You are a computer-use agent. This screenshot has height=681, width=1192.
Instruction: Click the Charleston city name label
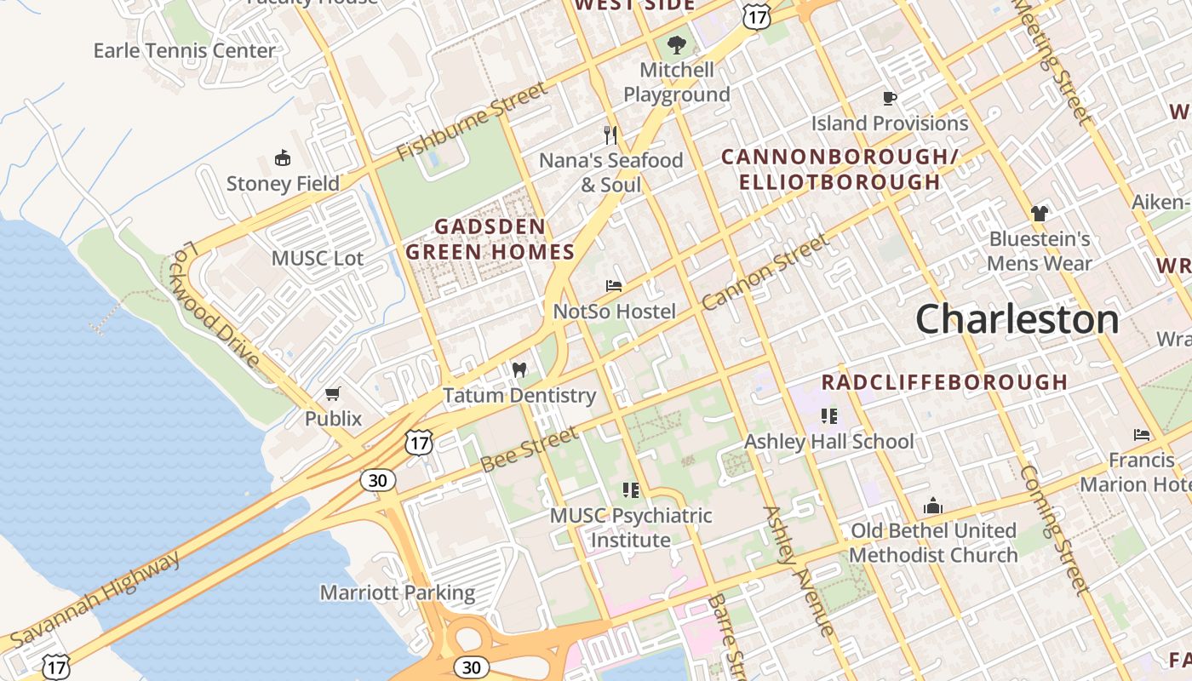(1017, 319)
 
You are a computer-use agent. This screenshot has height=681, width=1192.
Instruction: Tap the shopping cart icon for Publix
(333, 393)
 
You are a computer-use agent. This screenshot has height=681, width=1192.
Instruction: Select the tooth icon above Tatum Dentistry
(519, 370)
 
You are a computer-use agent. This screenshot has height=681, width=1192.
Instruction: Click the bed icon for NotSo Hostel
(613, 286)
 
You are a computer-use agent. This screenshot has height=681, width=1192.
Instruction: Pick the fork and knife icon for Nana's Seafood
(610, 134)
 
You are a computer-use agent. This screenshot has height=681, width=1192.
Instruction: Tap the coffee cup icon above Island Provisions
(889, 98)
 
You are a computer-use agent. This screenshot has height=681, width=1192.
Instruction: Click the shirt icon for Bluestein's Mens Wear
(1039, 213)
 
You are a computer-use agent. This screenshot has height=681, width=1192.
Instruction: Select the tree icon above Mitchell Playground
(677, 44)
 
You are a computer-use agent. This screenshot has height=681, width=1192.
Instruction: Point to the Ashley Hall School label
(828, 441)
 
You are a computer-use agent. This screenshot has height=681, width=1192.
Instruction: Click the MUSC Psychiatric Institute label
(631, 528)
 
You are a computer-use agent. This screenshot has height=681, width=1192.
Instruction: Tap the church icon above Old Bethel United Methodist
(933, 506)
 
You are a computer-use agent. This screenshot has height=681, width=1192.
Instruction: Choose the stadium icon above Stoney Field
(282, 157)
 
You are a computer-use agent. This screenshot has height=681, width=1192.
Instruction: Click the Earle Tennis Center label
(185, 50)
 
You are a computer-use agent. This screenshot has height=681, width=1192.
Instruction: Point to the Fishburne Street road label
(472, 123)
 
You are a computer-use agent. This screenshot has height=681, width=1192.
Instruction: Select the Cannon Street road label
(765, 272)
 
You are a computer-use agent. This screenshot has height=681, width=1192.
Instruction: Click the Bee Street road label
(529, 450)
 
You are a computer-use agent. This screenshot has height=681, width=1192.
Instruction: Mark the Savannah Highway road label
(96, 599)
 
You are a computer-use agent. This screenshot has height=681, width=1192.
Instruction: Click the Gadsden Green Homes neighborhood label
(490, 239)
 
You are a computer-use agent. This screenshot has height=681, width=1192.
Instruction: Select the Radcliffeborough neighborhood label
(943, 382)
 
